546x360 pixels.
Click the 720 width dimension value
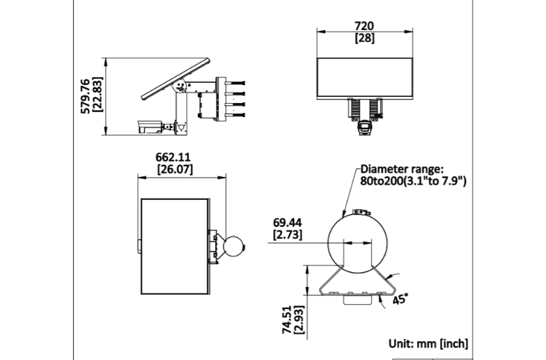point(365,26)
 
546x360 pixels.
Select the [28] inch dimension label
point(365,38)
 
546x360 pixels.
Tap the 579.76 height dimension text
point(85,95)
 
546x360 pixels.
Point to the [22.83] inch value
point(97,95)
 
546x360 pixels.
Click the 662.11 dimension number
point(174,157)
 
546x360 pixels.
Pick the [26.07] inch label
point(175,169)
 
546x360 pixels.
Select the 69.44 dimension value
point(287,223)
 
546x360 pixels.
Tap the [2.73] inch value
point(287,235)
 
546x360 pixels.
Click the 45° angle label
point(399,300)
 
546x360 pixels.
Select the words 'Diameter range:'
point(401,169)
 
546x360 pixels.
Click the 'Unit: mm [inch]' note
point(428,344)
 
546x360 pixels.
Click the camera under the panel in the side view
point(151,126)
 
